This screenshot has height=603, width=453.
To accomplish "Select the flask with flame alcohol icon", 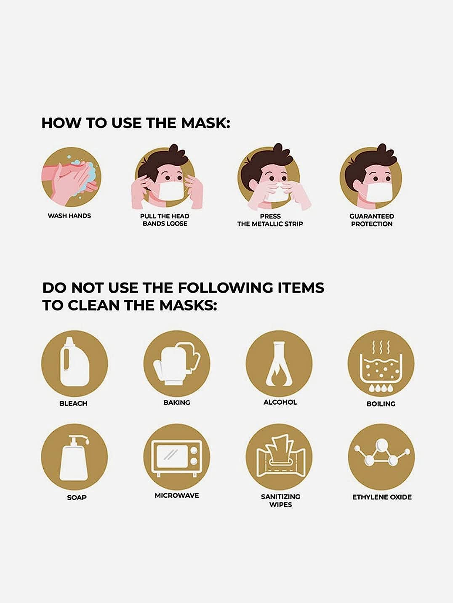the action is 279,363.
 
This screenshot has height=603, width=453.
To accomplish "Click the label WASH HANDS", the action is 69,216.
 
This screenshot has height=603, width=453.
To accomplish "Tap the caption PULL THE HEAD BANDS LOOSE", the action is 165,220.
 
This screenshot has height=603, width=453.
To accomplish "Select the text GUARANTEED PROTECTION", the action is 372,220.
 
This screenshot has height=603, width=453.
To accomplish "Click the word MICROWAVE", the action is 177,495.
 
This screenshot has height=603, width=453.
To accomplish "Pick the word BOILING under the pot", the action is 381,404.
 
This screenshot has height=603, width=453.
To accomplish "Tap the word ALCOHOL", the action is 280,402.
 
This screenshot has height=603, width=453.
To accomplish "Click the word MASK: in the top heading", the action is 205,123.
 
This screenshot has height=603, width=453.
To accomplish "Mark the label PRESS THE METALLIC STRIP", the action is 270,220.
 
